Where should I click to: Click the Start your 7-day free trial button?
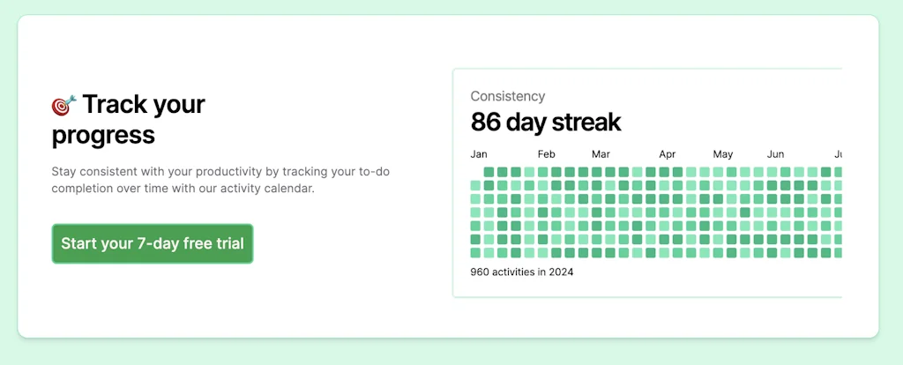click(153, 243)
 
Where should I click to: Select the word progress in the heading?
click(103, 136)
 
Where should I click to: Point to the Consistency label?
click(507, 96)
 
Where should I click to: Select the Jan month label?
click(479, 154)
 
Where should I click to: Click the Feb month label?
click(547, 154)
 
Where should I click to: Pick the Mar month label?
click(601, 154)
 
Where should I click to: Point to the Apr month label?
click(668, 154)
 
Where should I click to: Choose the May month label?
click(723, 154)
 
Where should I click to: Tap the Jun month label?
click(776, 154)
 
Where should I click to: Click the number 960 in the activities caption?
click(480, 272)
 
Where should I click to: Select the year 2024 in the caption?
click(561, 272)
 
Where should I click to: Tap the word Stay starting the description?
click(63, 171)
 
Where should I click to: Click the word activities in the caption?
click(514, 272)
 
